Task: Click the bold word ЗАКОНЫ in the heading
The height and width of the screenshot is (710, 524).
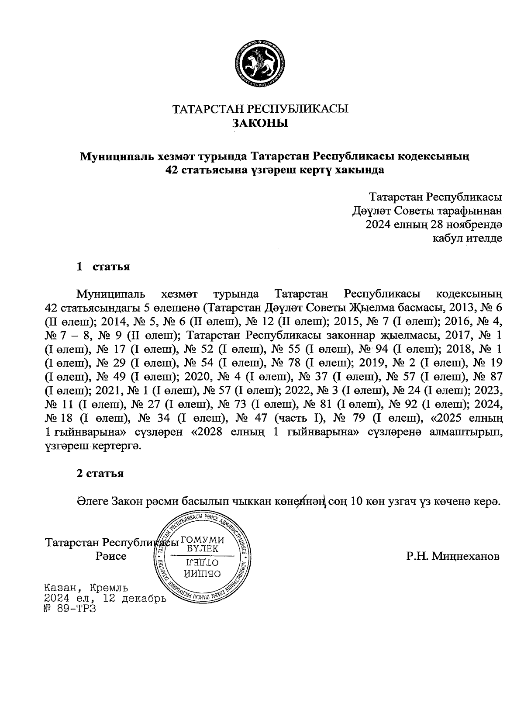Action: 260,123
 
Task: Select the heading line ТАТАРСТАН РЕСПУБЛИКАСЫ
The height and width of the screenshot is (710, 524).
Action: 261,109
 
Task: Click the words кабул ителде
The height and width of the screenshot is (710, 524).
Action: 467,238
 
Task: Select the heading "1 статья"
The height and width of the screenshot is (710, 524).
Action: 103,267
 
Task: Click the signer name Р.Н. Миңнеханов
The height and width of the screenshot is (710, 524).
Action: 452,556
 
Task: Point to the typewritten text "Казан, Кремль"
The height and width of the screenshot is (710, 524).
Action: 86,588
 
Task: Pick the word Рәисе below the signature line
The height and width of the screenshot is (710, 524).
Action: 111,556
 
